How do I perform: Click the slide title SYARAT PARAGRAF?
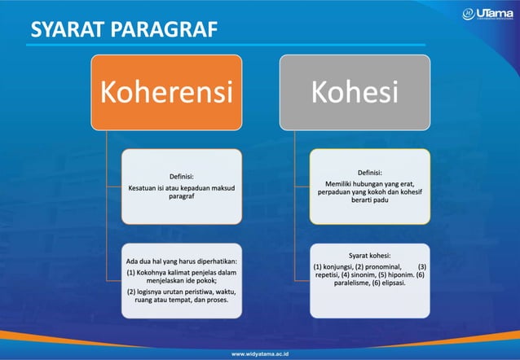(124, 29)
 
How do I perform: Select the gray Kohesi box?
(354, 92)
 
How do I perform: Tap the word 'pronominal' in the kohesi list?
(383, 266)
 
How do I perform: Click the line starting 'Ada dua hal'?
(182, 261)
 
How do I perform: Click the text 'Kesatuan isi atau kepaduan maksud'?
(182, 187)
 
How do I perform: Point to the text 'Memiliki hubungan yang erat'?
(370, 183)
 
